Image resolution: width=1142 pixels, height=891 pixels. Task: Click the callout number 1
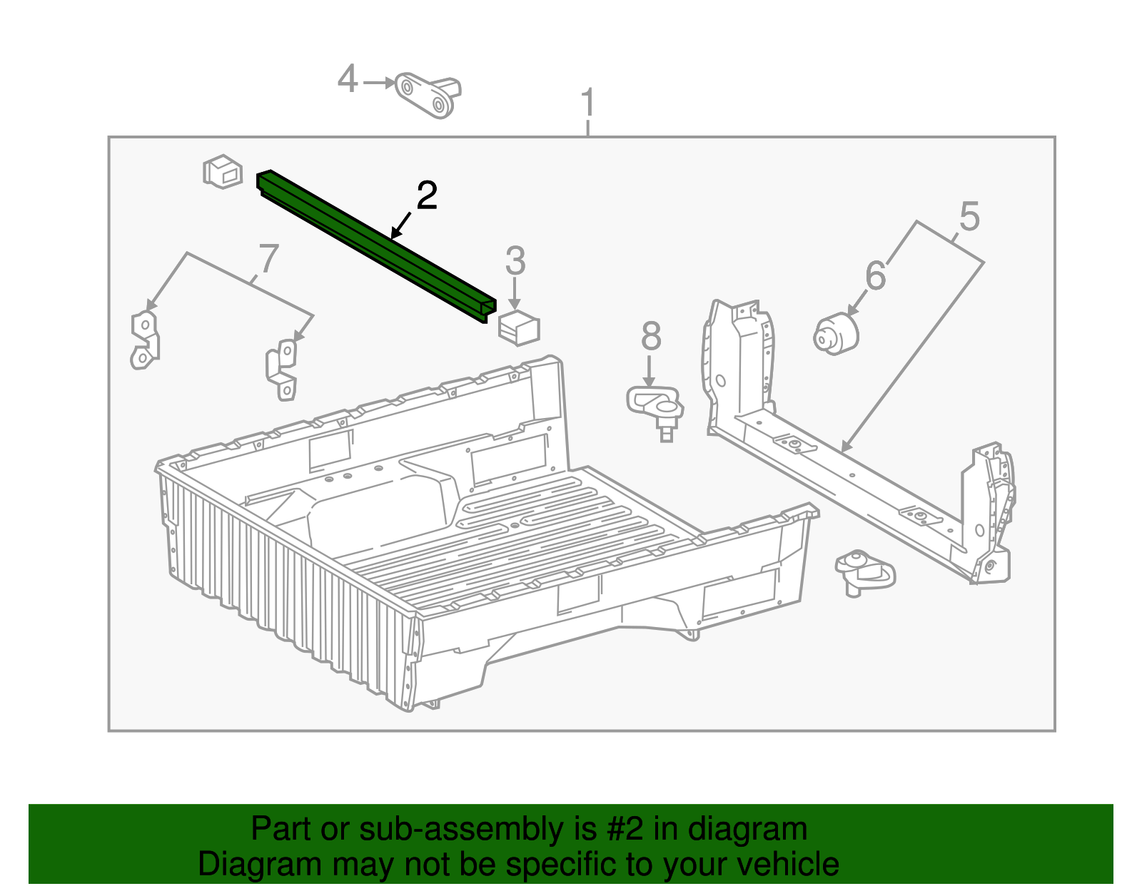(x=587, y=104)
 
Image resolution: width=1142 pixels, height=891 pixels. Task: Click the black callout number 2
(x=426, y=196)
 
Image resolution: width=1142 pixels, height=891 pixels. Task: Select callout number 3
(x=515, y=262)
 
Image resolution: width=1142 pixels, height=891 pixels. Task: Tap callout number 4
(x=347, y=79)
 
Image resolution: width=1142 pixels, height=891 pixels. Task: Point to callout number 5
(x=969, y=217)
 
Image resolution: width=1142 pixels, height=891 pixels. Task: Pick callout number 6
(x=875, y=276)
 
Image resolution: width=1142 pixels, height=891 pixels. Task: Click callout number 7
(x=268, y=258)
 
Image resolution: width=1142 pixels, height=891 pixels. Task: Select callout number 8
(x=650, y=336)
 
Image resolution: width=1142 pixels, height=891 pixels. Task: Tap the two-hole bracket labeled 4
(x=428, y=95)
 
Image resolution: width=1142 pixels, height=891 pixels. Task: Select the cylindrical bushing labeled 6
(x=835, y=334)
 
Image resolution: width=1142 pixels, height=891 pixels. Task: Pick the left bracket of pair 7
(x=145, y=340)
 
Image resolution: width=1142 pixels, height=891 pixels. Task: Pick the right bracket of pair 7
(x=283, y=369)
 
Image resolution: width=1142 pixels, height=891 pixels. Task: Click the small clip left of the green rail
(x=222, y=171)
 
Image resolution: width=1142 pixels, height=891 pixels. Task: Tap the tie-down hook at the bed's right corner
(x=864, y=571)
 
